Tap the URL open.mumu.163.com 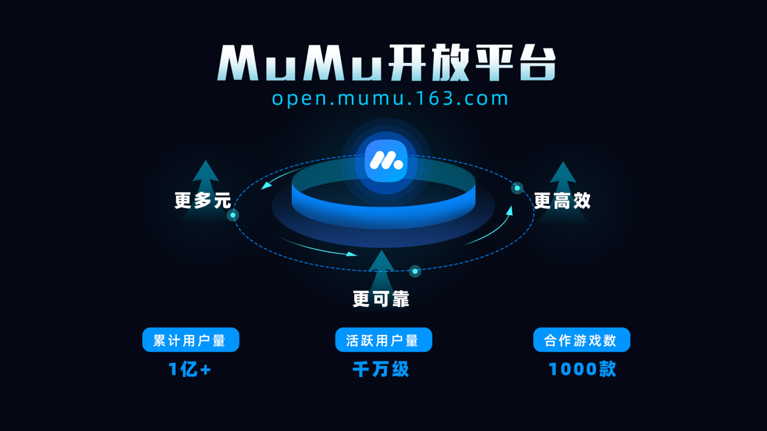tap(390, 99)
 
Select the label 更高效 tap(562, 200)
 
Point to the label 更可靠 tap(381, 299)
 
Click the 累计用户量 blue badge tap(191, 340)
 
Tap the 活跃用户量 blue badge tap(383, 340)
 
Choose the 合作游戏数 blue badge tap(581, 340)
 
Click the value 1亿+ tap(189, 369)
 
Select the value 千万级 tap(381, 369)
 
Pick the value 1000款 tap(582, 369)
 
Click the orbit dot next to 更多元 tap(233, 215)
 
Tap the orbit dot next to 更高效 tap(517, 188)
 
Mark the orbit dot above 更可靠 tap(415, 271)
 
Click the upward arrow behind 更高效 tap(563, 175)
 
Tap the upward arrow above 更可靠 tap(381, 266)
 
